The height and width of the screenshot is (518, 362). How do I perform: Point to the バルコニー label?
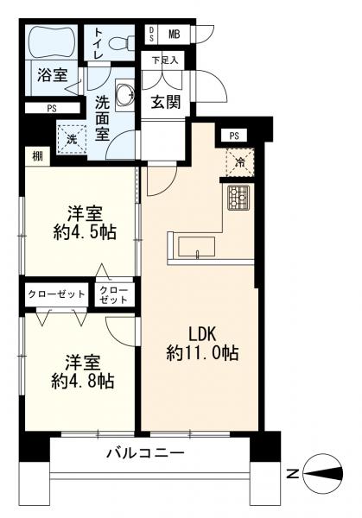[144, 453]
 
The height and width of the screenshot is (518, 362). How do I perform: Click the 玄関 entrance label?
[166, 101]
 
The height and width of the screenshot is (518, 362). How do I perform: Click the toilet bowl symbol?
[122, 41]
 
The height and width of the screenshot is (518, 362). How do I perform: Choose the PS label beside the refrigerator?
[233, 136]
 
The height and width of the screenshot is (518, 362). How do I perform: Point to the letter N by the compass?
[293, 473]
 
